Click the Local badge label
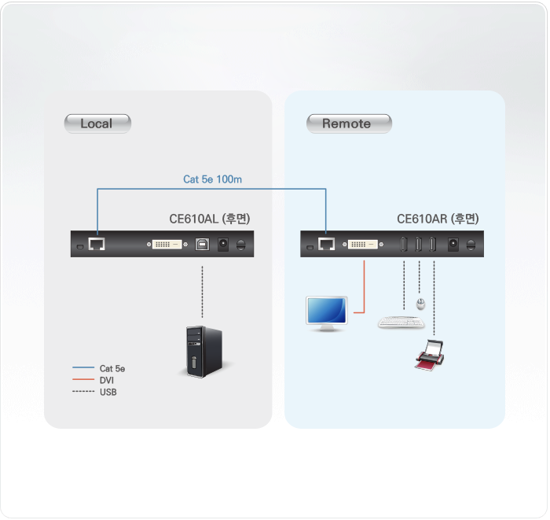97,124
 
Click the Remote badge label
346,124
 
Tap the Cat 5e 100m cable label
212,179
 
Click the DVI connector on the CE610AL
167,245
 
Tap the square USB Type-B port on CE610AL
202,245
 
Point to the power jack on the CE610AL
223,245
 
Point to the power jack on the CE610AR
453,245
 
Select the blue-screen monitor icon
325,312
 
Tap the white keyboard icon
400,322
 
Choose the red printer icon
430,353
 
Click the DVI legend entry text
107,380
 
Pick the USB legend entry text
108,392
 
